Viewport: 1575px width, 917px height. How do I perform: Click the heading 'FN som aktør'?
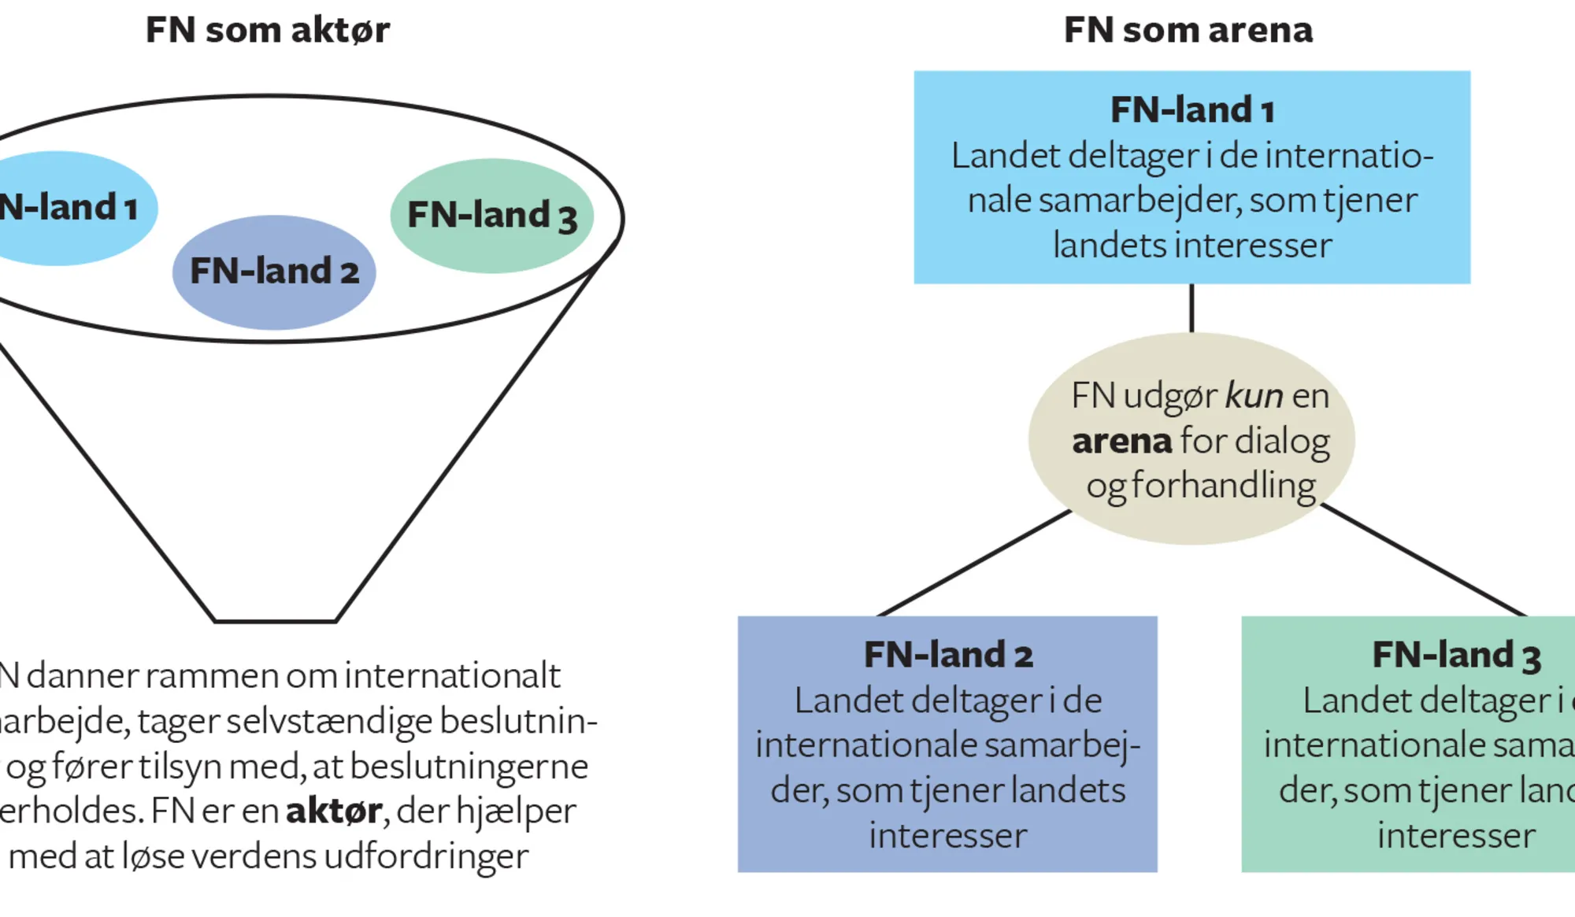pos(267,31)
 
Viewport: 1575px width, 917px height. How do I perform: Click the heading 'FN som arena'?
pos(1188,31)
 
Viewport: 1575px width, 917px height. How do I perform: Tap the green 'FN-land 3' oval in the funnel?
pos(491,216)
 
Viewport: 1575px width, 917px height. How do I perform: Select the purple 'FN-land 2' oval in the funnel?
pos(274,272)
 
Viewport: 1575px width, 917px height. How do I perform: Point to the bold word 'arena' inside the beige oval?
pos(1121,441)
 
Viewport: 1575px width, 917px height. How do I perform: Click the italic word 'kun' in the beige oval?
pos(1254,395)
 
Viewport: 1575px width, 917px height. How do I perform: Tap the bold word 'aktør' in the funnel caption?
pos(334,811)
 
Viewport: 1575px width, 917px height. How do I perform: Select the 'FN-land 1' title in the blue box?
pos(1191,109)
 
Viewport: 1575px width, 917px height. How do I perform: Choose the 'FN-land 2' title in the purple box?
pos(947,655)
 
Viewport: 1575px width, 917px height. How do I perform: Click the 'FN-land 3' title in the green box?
pos(1455,655)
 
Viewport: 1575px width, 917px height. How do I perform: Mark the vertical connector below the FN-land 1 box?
pos(1191,308)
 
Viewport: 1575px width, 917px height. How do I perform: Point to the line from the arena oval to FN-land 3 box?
pos(1424,560)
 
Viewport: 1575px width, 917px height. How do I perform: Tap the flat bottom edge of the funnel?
pos(275,621)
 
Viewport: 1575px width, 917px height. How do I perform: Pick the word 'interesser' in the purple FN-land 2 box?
pos(947,835)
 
